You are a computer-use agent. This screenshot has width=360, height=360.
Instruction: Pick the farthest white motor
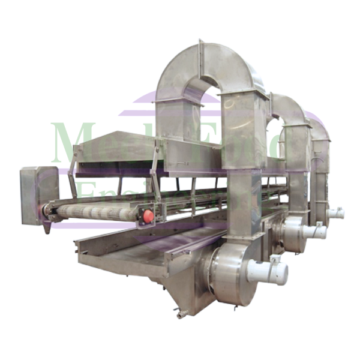337,212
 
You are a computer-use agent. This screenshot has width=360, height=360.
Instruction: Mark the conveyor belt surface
96,213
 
